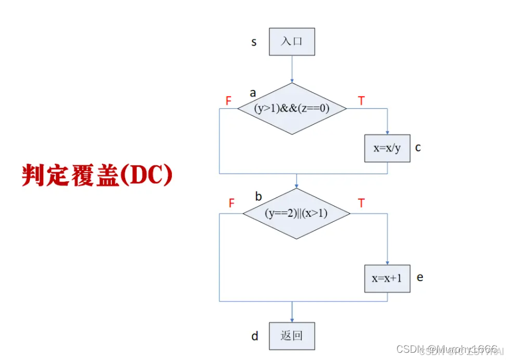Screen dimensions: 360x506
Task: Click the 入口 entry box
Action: coord(292,42)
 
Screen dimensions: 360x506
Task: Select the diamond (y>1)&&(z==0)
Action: coord(292,109)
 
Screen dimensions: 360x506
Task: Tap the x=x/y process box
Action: coord(387,148)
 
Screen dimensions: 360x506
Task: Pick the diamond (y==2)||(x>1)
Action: coord(297,214)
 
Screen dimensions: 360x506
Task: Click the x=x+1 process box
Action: coord(387,278)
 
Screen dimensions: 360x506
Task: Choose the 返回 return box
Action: coord(292,336)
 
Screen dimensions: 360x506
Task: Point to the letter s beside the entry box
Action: coord(254,42)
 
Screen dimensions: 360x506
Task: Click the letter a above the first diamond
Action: coord(253,93)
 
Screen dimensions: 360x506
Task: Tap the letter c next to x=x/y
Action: coord(418,148)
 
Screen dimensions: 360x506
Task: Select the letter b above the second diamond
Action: coord(258,196)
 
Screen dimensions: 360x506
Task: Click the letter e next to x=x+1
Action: coord(420,277)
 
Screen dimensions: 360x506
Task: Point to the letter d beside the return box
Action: coord(254,336)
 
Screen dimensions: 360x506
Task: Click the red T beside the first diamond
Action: coord(361,100)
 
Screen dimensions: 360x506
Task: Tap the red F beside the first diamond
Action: coord(228,100)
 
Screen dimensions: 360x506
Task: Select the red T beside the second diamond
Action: coord(361,204)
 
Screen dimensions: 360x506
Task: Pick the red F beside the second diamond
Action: coord(232,204)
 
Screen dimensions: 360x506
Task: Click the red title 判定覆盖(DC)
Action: coord(98,175)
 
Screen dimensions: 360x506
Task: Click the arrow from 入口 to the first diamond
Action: coord(292,69)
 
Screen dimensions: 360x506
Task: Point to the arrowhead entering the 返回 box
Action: coord(292,319)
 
